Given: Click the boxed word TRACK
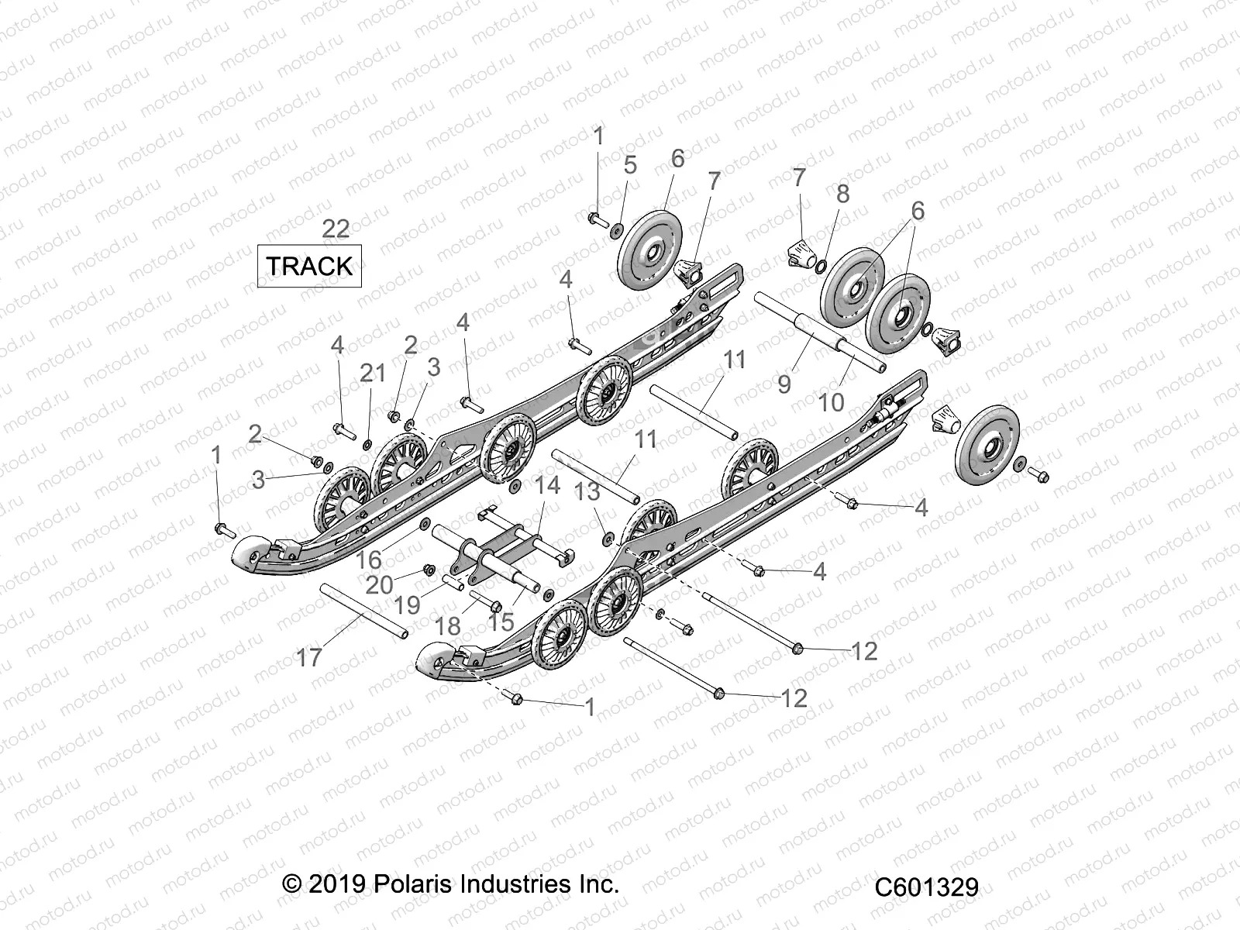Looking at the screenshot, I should click(309, 266).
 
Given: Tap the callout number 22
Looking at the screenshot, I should click(336, 229).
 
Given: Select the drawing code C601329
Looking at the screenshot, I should click(927, 887).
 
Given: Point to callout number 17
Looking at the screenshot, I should click(309, 657).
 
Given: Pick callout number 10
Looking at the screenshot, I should click(831, 401).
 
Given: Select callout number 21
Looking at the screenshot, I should click(373, 373).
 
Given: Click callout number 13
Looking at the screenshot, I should click(588, 491).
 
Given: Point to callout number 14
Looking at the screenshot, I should click(547, 485).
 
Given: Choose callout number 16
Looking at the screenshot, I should click(369, 560).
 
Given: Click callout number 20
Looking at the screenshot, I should click(379, 584).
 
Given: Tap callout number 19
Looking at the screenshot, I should click(408, 605).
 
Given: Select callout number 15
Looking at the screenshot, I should click(501, 621).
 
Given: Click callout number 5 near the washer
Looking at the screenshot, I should click(630, 165).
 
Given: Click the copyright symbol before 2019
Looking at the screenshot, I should click(292, 884).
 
